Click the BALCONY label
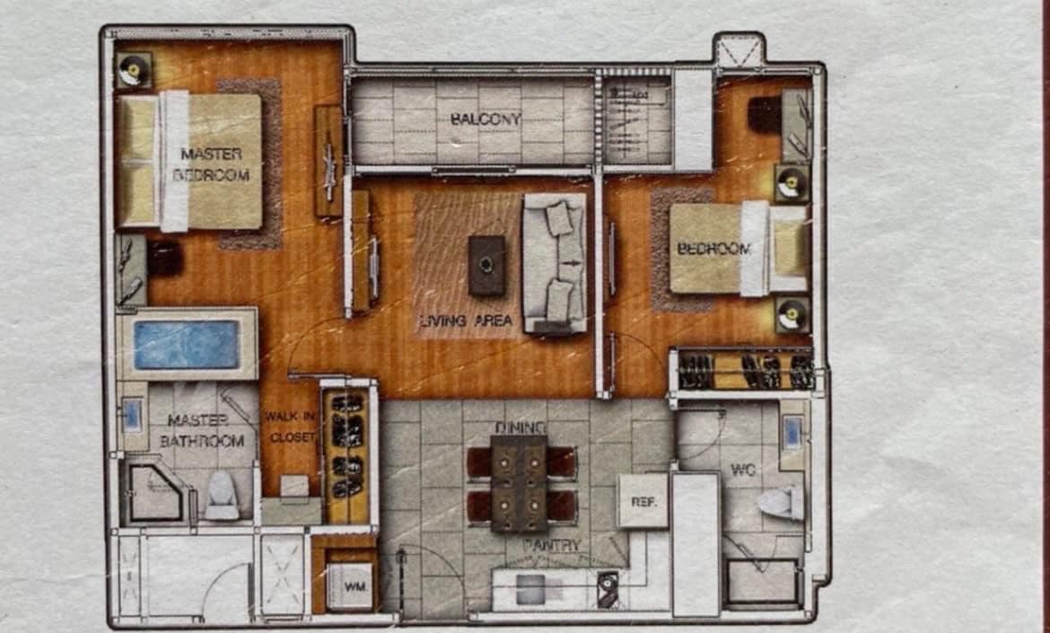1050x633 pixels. pyautogui.click(x=485, y=120)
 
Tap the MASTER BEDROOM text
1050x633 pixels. pyautogui.click(x=211, y=164)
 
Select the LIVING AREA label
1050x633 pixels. pyautogui.click(x=466, y=321)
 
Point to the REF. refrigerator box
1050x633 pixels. pyautogui.click(x=643, y=501)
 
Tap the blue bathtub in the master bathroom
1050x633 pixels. pyautogui.click(x=187, y=345)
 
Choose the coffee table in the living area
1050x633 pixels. pyautogui.click(x=486, y=265)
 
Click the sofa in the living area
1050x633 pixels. pyautogui.click(x=556, y=263)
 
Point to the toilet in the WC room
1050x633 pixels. pyautogui.click(x=781, y=502)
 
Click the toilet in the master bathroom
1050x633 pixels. pyautogui.click(x=222, y=496)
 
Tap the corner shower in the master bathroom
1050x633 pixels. pyautogui.click(x=154, y=492)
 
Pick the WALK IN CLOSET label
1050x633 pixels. pyautogui.click(x=290, y=426)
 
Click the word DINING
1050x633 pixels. pyautogui.click(x=521, y=427)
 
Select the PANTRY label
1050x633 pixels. pyautogui.click(x=552, y=545)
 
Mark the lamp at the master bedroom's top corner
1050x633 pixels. pyautogui.click(x=134, y=70)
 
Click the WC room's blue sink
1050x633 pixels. pyautogui.click(x=792, y=432)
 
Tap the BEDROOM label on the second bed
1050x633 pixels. pyautogui.click(x=713, y=250)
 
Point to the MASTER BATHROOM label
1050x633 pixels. pyautogui.click(x=202, y=431)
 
